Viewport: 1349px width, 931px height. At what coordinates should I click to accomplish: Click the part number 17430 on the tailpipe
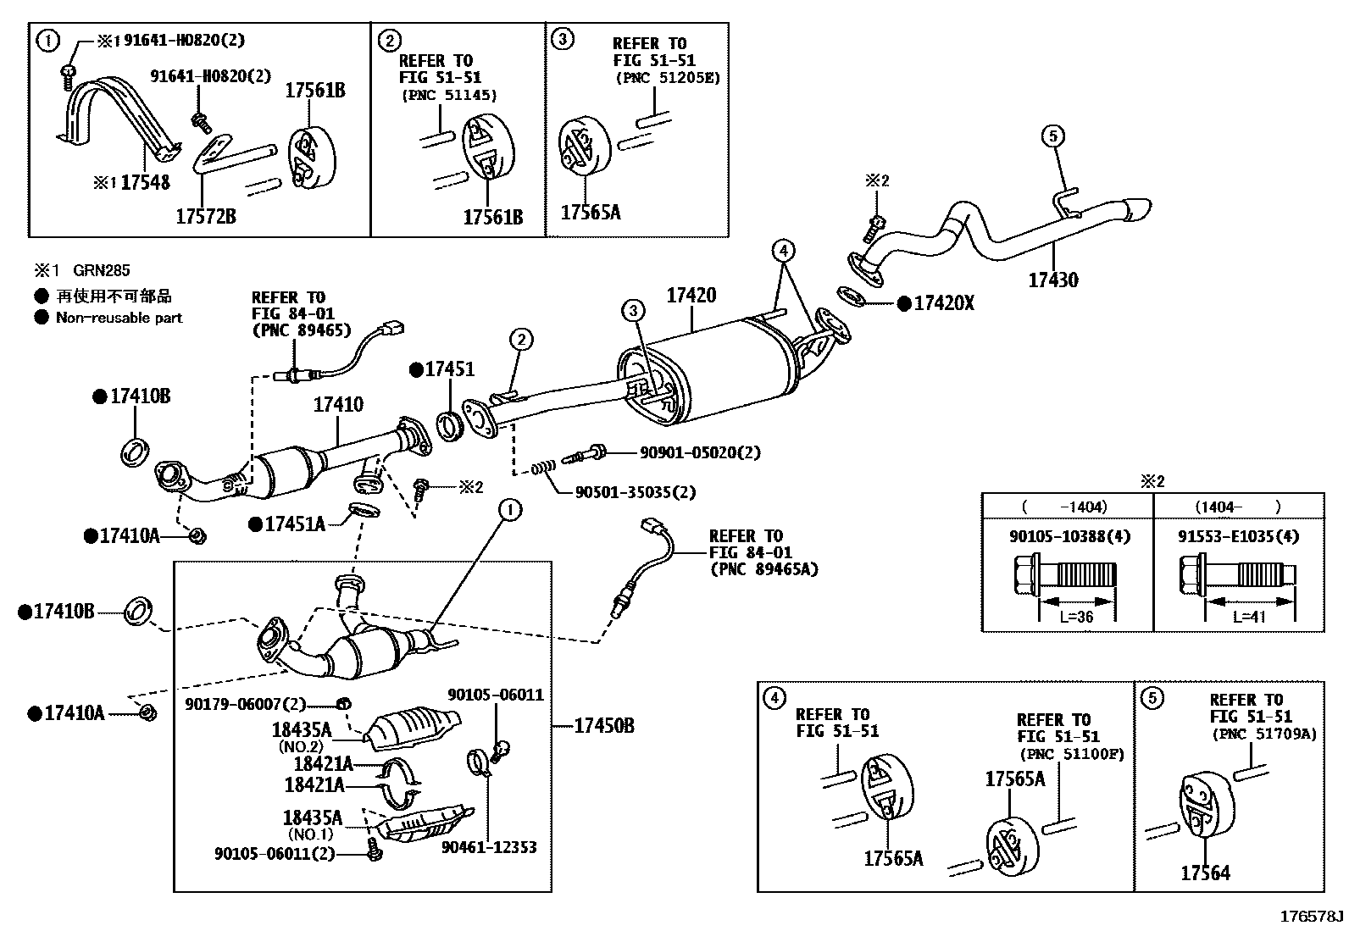click(1053, 280)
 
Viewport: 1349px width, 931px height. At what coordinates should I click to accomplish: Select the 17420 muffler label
click(691, 296)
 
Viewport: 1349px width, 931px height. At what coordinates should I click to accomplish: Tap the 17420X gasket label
click(943, 302)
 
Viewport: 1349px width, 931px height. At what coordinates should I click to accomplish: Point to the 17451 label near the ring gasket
click(449, 369)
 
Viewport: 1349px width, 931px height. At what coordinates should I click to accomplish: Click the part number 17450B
click(603, 726)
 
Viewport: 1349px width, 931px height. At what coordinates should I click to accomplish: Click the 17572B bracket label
click(205, 217)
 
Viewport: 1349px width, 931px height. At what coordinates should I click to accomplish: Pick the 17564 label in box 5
click(1205, 873)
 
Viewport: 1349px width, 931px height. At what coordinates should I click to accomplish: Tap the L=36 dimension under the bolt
click(1077, 617)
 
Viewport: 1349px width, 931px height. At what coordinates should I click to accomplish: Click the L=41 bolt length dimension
click(1249, 617)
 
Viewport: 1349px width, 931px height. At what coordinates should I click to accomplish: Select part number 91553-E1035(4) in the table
click(1238, 536)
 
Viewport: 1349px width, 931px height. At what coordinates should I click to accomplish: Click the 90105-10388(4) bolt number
click(1069, 536)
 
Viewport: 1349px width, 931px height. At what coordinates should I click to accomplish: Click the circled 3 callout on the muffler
click(633, 312)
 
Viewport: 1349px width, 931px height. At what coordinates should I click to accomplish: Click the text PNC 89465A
click(763, 569)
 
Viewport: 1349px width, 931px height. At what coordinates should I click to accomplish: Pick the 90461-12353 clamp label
click(489, 847)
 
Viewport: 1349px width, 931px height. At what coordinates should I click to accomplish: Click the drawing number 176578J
click(1312, 917)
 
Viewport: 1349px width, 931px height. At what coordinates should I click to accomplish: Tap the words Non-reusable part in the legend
click(119, 318)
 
